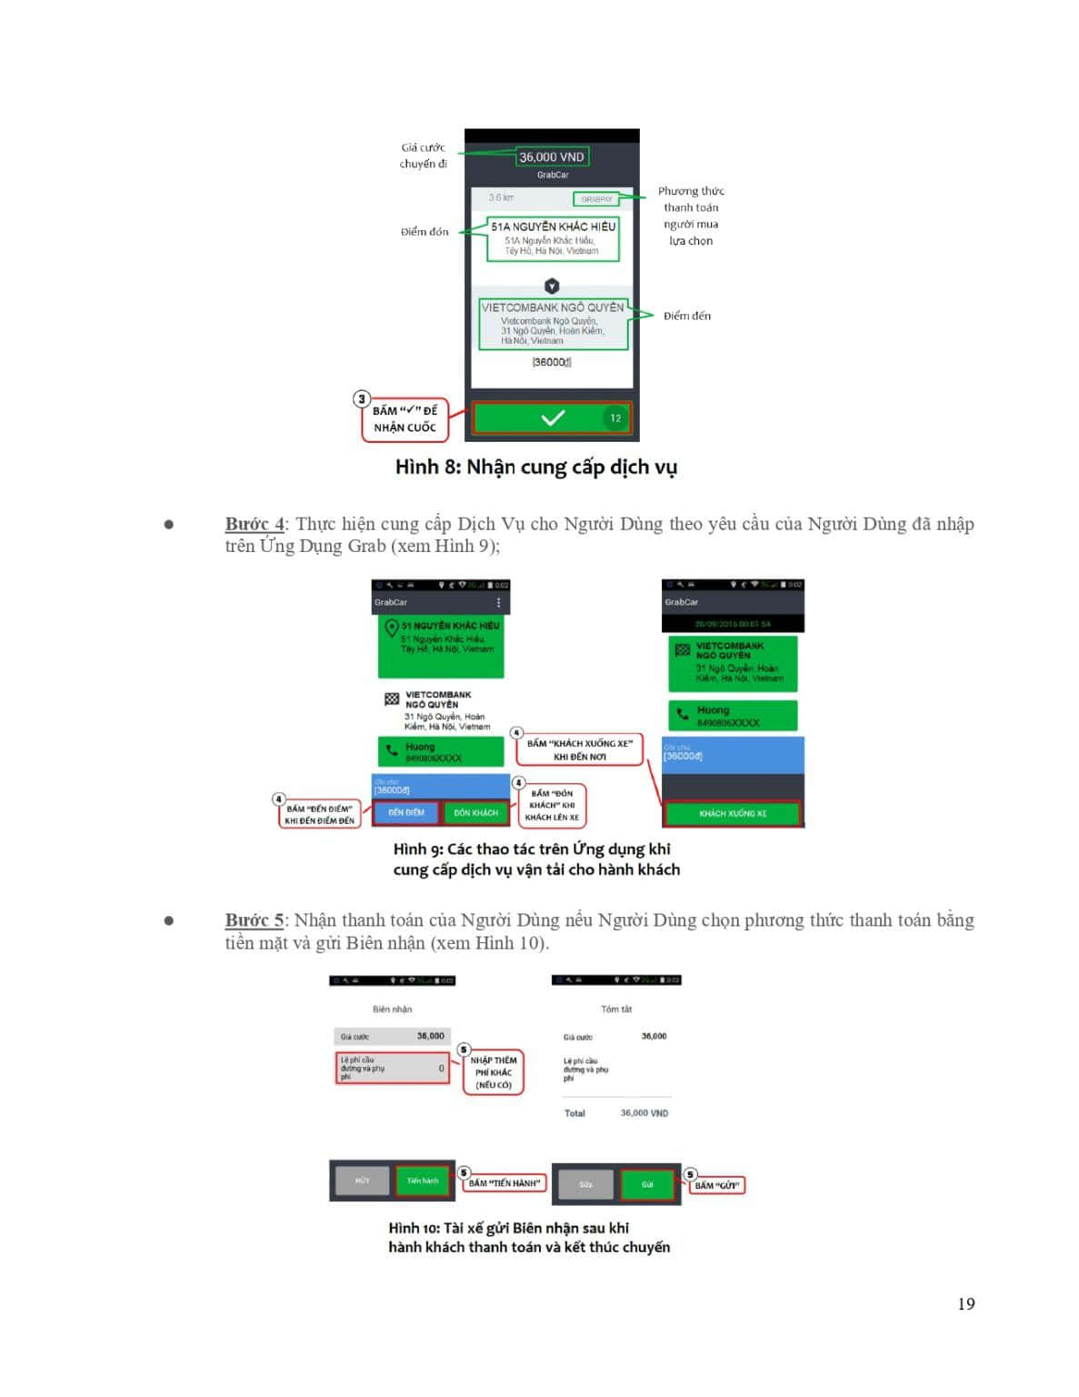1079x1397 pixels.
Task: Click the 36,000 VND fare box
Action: click(552, 156)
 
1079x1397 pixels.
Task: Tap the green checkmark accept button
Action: click(552, 417)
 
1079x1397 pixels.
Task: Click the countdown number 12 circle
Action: click(615, 418)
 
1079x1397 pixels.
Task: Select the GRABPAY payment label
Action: click(595, 198)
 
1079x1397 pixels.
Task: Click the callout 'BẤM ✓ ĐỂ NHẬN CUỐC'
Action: click(405, 419)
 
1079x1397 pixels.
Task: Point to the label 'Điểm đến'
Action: click(686, 316)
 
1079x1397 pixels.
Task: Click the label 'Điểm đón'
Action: click(425, 232)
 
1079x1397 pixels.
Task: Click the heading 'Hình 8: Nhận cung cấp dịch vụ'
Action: click(535, 467)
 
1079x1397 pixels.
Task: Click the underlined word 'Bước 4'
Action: click(255, 524)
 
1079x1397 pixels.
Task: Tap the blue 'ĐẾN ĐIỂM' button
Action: click(405, 812)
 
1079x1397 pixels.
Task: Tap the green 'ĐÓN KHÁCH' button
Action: click(476, 812)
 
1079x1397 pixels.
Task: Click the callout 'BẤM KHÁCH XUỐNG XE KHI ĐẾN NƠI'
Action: click(580, 749)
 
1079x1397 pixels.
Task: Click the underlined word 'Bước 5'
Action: click(255, 920)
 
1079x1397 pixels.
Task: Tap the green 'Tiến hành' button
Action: click(423, 1181)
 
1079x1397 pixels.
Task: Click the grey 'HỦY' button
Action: click(363, 1181)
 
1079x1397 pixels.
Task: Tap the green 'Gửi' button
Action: click(647, 1184)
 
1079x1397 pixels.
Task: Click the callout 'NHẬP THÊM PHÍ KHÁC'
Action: click(494, 1072)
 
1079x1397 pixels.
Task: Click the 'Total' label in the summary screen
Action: click(574, 1113)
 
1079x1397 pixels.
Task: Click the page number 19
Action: click(965, 1303)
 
